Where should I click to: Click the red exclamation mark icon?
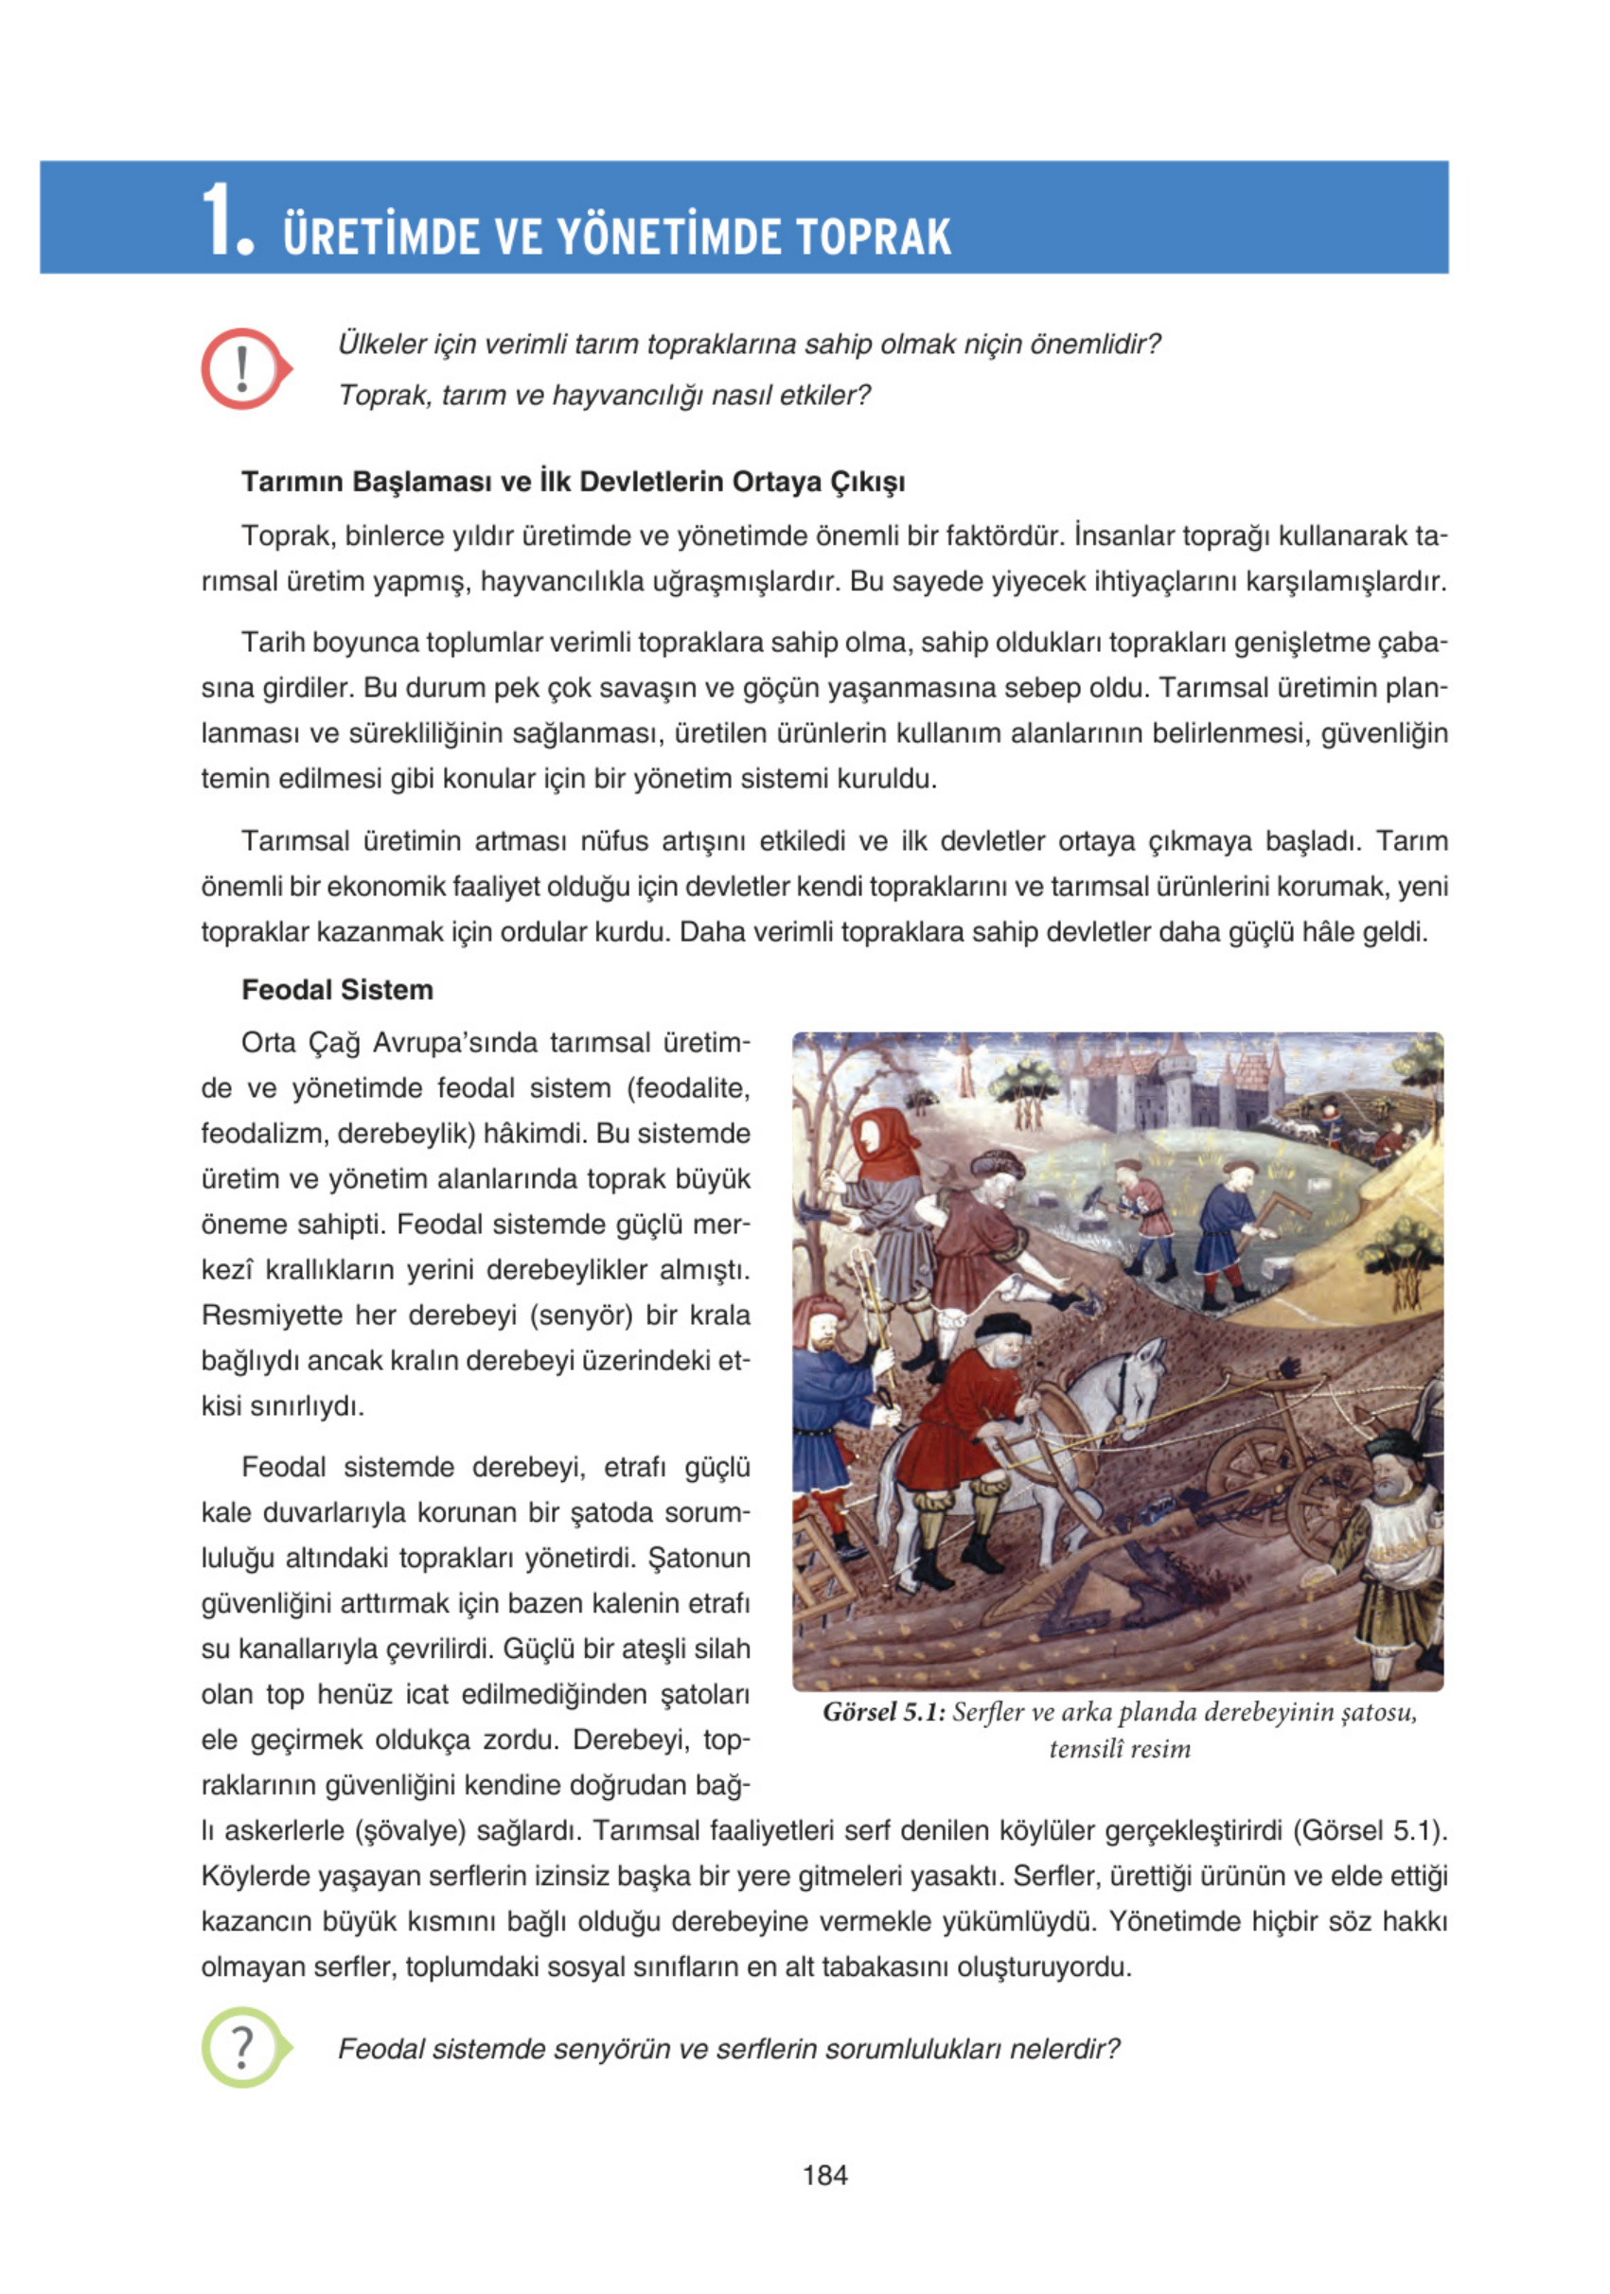243,369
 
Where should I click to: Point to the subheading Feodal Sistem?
337,990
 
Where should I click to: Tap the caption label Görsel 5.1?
883,1713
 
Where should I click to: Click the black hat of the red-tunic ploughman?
1002,1325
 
